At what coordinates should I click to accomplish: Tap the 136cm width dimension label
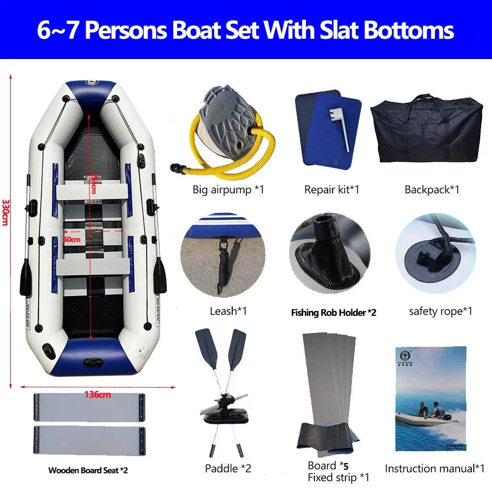pos(97,394)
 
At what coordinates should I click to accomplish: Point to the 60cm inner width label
pos(72,239)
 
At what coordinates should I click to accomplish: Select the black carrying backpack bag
pos(427,129)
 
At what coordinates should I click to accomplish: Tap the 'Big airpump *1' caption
pos(228,189)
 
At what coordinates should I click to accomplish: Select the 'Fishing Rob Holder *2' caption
pos(334,312)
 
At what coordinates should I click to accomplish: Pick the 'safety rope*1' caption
pos(440,311)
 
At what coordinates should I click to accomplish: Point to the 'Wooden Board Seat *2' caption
pos(88,470)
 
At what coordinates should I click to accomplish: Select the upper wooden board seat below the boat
pos(89,407)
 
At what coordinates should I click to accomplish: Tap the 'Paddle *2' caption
pos(228,468)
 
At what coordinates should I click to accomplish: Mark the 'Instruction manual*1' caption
pos(435,468)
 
